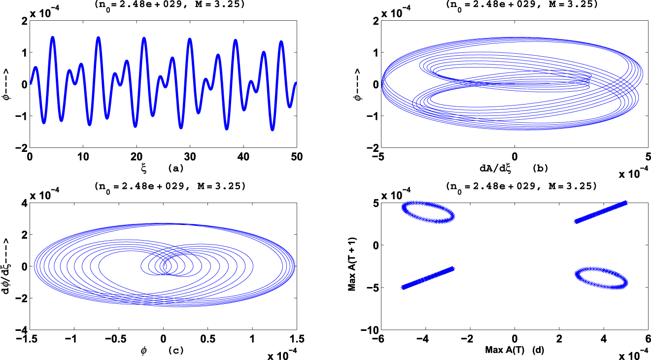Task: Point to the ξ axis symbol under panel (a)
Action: (x=144, y=168)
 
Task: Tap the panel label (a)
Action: (x=176, y=168)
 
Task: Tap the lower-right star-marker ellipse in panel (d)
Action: (x=602, y=278)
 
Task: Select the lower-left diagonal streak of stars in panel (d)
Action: (x=428, y=278)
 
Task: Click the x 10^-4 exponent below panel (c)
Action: (x=283, y=353)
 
